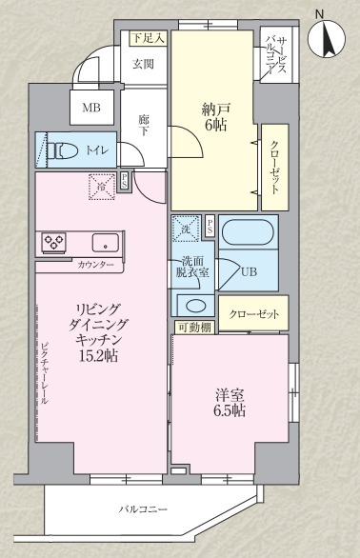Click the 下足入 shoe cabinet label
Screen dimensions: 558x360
(x=148, y=38)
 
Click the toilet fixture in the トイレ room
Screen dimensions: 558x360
(x=63, y=149)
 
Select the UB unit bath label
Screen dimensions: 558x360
(x=248, y=271)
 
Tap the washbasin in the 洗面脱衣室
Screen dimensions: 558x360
(x=195, y=306)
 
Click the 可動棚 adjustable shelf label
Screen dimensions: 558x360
(x=193, y=328)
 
